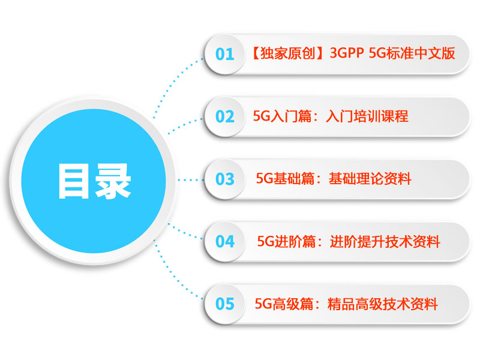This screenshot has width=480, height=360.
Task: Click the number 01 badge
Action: pyautogui.click(x=224, y=54)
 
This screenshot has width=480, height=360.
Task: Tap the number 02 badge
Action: pyautogui.click(x=224, y=116)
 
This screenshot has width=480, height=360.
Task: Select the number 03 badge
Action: pyautogui.click(x=224, y=179)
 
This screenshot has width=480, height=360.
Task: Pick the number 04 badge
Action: pyautogui.click(x=224, y=242)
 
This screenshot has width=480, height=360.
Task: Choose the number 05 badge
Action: pyautogui.click(x=224, y=304)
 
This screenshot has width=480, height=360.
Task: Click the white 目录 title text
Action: pyautogui.click(x=95, y=181)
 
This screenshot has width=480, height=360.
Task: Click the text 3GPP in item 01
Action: pyautogui.click(x=347, y=53)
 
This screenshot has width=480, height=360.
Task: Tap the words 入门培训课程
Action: pyautogui.click(x=367, y=116)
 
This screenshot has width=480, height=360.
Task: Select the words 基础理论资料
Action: pyautogui.click(x=370, y=179)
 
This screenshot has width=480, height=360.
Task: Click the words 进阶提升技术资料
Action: pyautogui.click(x=385, y=242)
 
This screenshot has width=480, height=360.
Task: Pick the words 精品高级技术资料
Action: pyautogui.click(x=383, y=304)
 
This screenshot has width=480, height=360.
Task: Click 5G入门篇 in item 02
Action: pyautogui.click(x=282, y=116)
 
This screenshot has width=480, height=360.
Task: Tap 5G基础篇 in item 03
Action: pyautogui.click(x=285, y=179)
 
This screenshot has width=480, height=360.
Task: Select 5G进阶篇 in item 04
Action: pyautogui.click(x=286, y=242)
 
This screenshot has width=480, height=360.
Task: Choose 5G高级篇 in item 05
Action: pyautogui.click(x=284, y=304)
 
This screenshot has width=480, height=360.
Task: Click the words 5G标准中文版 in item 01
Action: pyautogui.click(x=412, y=53)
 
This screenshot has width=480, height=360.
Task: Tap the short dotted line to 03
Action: pyautogui.click(x=190, y=180)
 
